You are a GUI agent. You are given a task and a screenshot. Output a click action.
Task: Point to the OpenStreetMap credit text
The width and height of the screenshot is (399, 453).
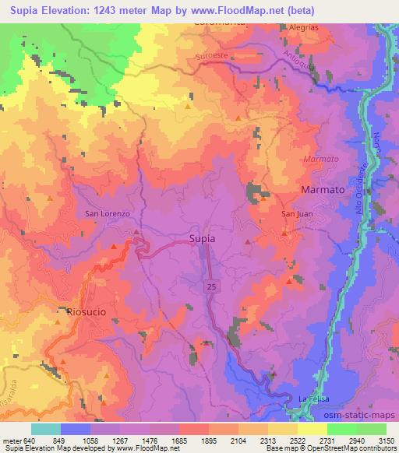tap(365, 448)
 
